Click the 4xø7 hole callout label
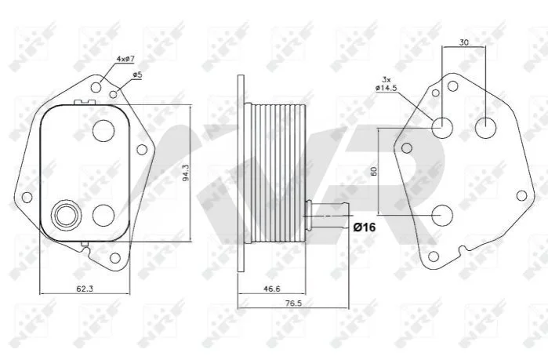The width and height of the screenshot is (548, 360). tap(125, 59)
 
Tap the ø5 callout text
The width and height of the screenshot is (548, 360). tap(137, 75)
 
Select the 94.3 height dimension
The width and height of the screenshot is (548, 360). tap(186, 173)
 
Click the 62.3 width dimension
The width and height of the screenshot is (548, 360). tap(85, 289)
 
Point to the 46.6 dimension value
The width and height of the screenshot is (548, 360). tap(271, 289)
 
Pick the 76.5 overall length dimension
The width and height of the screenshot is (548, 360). tap(293, 303)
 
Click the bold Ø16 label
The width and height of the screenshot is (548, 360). tap(365, 227)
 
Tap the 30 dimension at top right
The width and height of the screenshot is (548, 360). tap(464, 42)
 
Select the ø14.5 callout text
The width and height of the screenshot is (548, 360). tap(387, 88)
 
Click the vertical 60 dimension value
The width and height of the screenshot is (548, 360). tap(374, 171)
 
